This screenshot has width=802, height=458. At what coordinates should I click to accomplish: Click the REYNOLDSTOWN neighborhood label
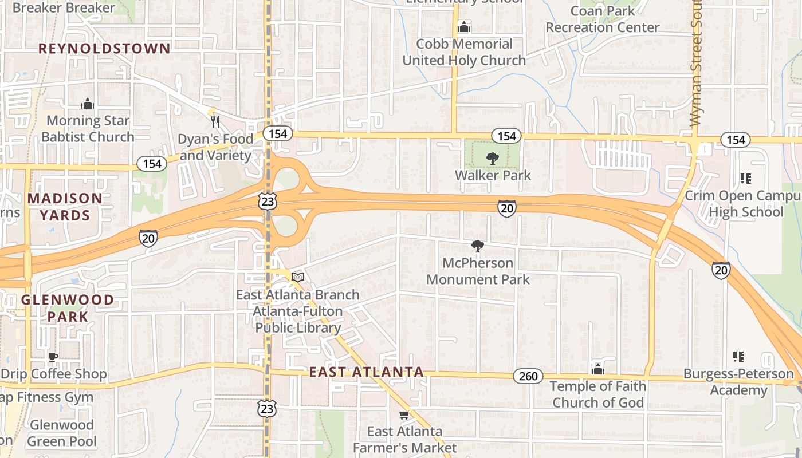[x=104, y=49]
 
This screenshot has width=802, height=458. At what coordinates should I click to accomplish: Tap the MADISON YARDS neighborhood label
[x=65, y=207]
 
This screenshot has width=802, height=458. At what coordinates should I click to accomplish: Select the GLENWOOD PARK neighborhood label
[x=68, y=308]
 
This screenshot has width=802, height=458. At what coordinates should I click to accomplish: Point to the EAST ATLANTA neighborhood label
[x=367, y=372]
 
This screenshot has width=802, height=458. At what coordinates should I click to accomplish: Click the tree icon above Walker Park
[x=492, y=159]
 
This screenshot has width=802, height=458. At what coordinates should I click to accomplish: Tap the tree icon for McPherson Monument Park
[x=477, y=247]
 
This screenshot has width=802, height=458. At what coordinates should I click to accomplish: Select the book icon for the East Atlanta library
[x=297, y=278]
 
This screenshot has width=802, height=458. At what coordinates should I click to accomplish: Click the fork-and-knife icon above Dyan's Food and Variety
[x=215, y=122]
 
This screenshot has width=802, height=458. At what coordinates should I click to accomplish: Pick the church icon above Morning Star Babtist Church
[x=88, y=104]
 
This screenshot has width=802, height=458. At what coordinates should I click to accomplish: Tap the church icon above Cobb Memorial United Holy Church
[x=464, y=27]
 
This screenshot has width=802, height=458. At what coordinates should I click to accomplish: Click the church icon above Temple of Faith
[x=598, y=370]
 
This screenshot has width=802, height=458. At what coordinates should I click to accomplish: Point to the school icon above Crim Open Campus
[x=745, y=179]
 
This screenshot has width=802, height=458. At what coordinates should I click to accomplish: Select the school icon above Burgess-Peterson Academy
[x=738, y=357]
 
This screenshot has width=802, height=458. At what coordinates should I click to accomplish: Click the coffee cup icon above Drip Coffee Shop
[x=53, y=357]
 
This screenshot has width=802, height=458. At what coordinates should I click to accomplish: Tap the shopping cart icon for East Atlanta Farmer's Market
[x=404, y=414]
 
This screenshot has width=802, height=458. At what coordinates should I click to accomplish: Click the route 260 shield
[x=528, y=376]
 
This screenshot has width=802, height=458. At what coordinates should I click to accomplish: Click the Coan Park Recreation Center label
[x=603, y=19]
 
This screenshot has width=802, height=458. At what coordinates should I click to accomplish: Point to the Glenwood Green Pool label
[x=61, y=433]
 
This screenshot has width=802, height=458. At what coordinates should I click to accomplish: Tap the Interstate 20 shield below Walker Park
[x=506, y=209]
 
